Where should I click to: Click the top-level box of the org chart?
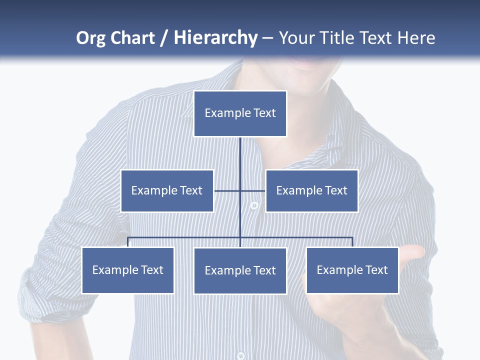pos(240,113)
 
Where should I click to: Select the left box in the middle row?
pos(167,190)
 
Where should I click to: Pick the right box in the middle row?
pos(311,190)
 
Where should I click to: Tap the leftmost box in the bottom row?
pos(128,270)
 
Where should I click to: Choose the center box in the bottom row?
pos(240,270)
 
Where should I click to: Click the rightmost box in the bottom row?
pos(352,270)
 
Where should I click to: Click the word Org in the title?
pos(90,38)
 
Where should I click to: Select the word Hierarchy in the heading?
pos(215,38)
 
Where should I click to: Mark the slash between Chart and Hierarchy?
pos(164,38)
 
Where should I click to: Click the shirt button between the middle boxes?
pos(254,205)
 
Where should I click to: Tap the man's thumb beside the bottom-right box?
pos(412,255)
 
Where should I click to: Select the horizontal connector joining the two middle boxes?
pos(227,190)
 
